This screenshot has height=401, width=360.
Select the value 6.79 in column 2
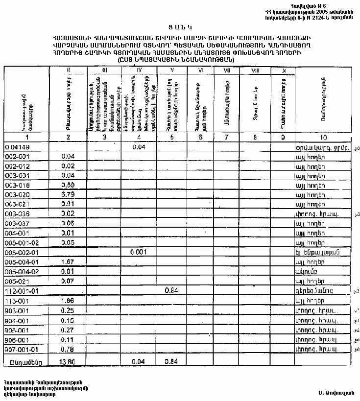[x=68, y=194]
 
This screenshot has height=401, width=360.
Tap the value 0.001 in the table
[x=139, y=252]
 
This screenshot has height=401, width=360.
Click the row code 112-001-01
[x=22, y=290]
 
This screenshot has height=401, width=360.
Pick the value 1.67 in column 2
[x=68, y=262]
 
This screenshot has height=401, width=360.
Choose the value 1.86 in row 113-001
[x=68, y=300]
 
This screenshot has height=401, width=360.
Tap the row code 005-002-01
[x=22, y=252]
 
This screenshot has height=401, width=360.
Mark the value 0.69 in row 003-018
[x=68, y=185]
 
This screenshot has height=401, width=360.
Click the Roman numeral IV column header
[x=139, y=71]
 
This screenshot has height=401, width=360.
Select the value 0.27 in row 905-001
[x=68, y=329]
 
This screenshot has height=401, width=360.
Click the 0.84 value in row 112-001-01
[x=170, y=290]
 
